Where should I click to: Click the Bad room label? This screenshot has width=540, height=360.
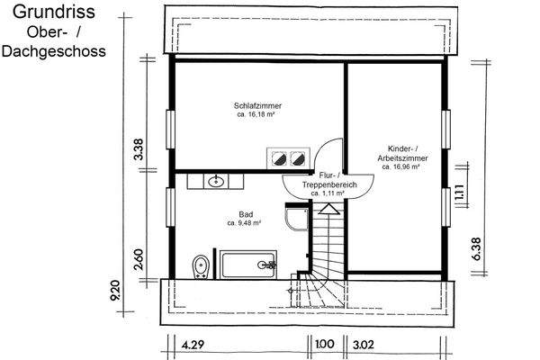coord(245,214)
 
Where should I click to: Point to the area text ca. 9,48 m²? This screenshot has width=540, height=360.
coord(244,223)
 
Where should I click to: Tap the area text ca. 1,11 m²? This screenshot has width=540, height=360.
coord(329,193)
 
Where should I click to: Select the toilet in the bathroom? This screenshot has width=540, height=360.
coord(201,265)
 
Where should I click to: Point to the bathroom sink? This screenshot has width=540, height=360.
coord(216,182)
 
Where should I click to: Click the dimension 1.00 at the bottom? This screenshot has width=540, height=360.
coord(323,343)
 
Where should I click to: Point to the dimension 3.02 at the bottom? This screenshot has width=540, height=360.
coord(364,343)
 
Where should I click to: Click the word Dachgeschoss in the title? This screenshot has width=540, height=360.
coord(51,52)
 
